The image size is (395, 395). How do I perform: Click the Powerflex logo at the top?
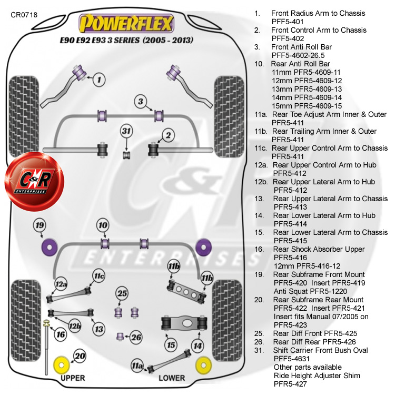click(x=126, y=23)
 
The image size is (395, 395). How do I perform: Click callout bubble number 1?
click(x=100, y=80)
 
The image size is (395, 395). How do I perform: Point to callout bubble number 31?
click(x=126, y=132)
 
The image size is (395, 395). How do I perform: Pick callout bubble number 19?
click(x=39, y=226)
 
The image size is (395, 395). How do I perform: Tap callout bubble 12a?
click(x=62, y=285)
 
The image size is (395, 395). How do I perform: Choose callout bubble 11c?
click(x=98, y=275)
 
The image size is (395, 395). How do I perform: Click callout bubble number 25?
click(x=122, y=293)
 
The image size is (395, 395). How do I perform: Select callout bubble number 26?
click(x=135, y=337)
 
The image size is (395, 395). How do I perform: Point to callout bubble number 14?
click(x=197, y=345)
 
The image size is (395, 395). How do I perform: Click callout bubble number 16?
click(x=61, y=334)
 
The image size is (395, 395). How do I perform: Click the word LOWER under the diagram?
click(x=172, y=378)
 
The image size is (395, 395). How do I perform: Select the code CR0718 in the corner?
click(x=24, y=15)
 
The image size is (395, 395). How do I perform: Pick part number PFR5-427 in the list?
click(x=292, y=384)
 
